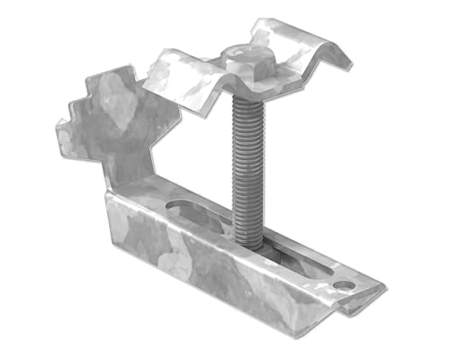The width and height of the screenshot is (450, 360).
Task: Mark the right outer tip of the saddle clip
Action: tap(349, 65)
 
